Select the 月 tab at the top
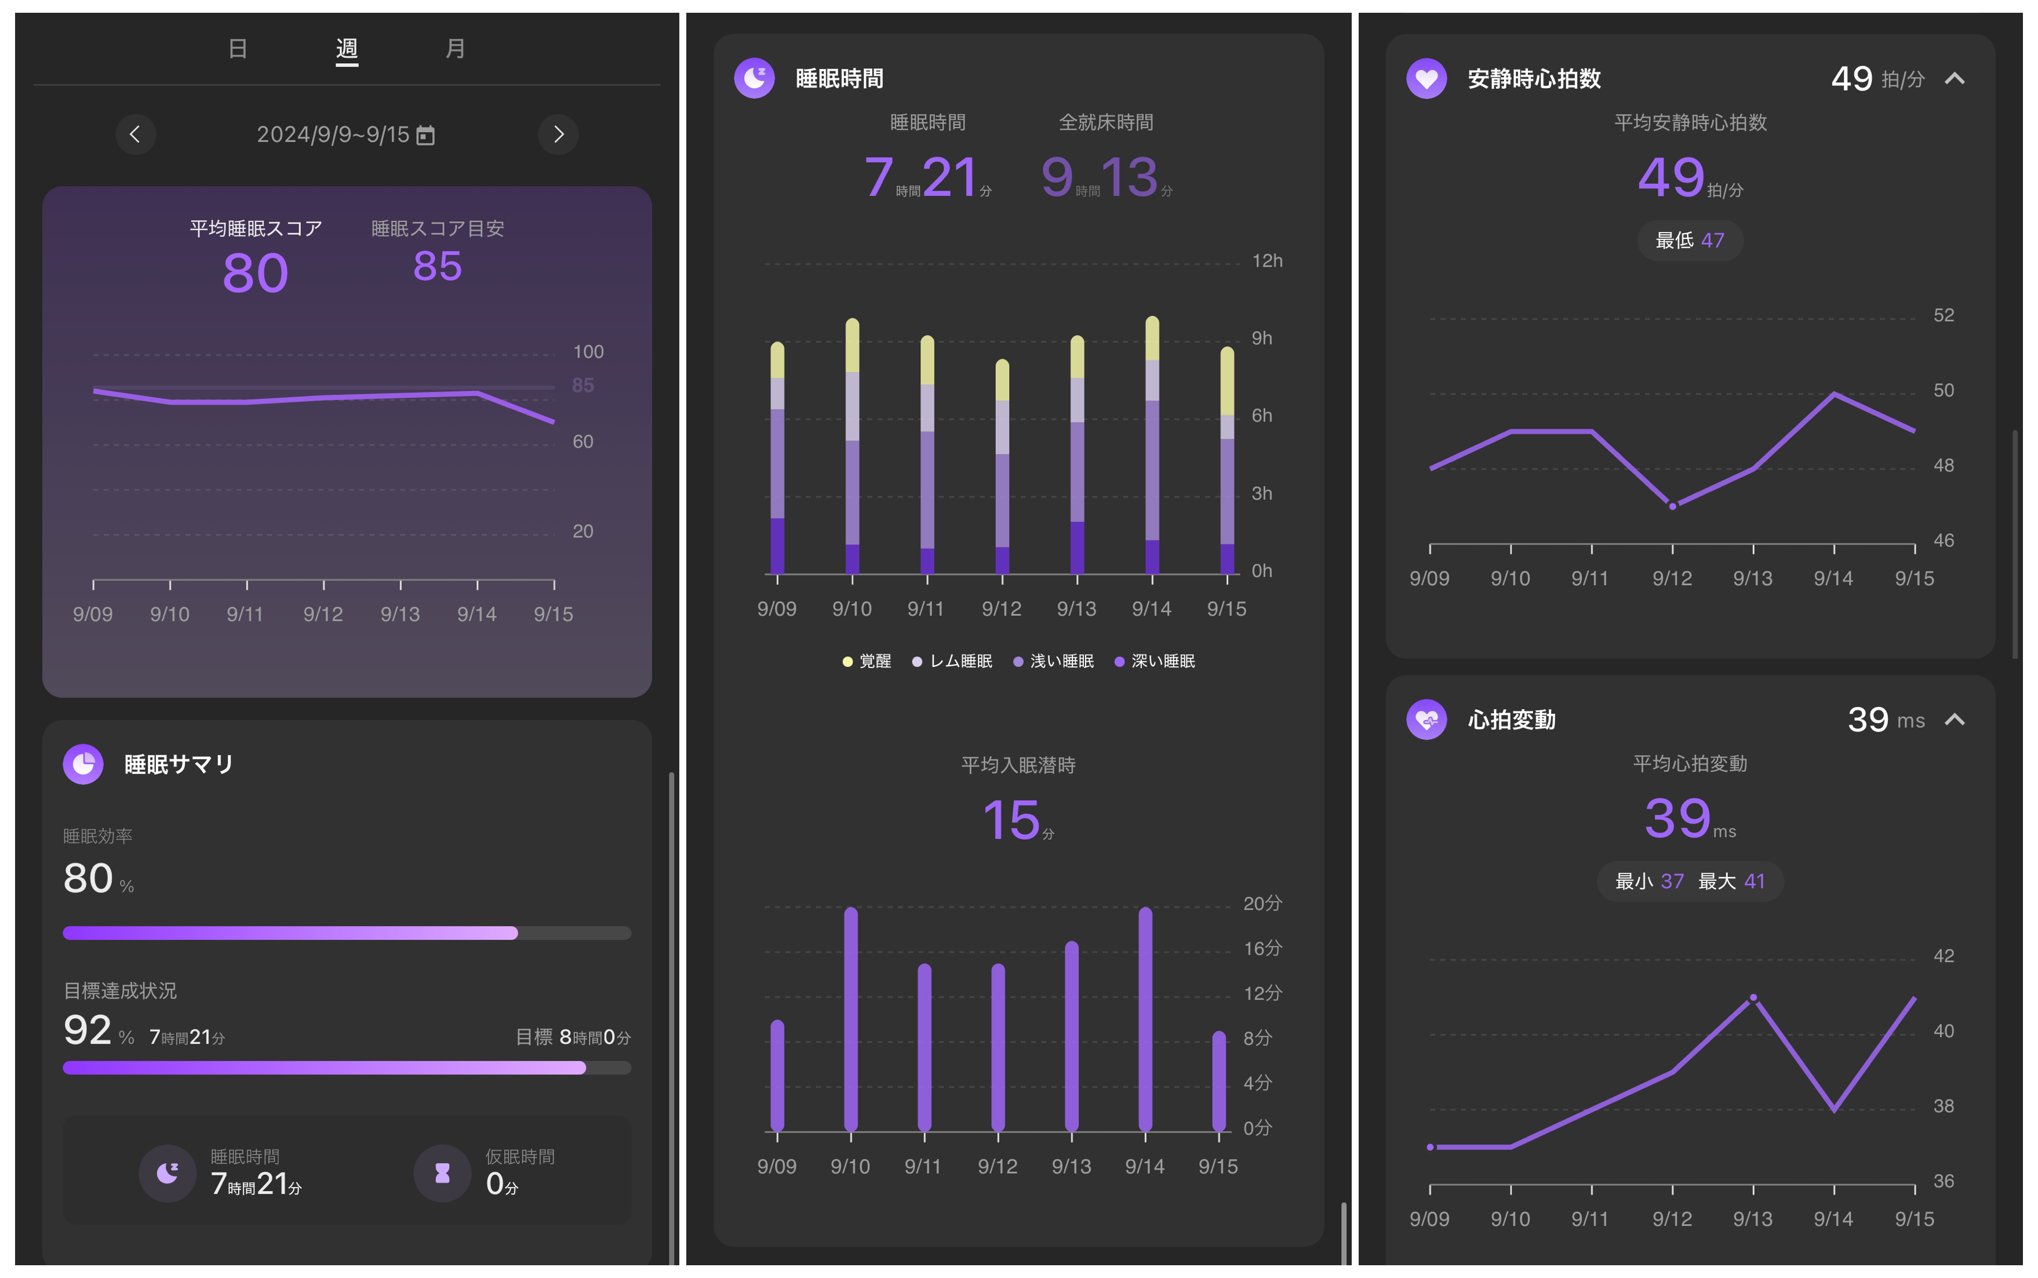[x=454, y=49]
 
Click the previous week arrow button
[x=135, y=135]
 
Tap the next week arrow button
[x=558, y=135]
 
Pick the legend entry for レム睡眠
[x=952, y=661]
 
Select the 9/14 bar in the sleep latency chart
[x=1145, y=1018]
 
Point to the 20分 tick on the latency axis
[x=1261, y=903]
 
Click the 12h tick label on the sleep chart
[x=1267, y=261]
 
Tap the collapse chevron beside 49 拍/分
[x=1955, y=79]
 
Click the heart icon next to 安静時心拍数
[x=1426, y=79]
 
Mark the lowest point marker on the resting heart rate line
[x=1672, y=506]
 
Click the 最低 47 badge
[x=1689, y=241]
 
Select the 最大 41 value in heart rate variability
[x=1731, y=881]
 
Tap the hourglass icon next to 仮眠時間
[x=442, y=1173]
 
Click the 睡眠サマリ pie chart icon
[x=83, y=764]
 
